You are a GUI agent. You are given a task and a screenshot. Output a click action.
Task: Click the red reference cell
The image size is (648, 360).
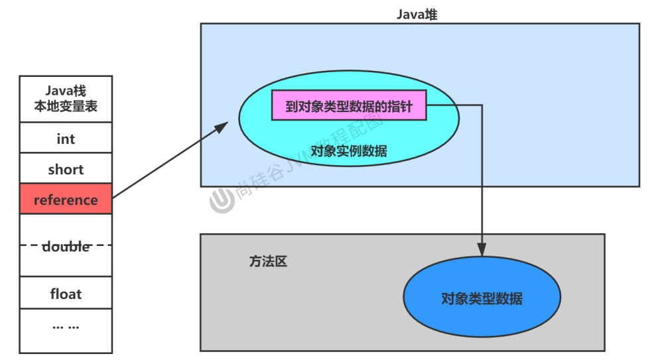pyautogui.click(x=66, y=200)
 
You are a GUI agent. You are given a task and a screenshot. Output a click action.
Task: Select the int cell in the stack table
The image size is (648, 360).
pyautogui.click(x=66, y=139)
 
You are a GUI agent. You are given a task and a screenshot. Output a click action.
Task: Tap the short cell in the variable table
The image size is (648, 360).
pyautogui.click(x=66, y=170)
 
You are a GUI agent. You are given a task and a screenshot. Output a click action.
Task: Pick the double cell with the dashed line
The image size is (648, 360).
pyautogui.click(x=66, y=246)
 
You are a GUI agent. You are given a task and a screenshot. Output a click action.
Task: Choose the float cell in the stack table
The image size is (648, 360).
pyautogui.click(x=66, y=293)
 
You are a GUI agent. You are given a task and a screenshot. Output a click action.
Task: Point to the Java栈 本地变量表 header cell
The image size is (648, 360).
pyautogui.click(x=66, y=99)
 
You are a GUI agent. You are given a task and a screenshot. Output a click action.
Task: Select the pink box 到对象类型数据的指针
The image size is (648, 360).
pyautogui.click(x=349, y=106)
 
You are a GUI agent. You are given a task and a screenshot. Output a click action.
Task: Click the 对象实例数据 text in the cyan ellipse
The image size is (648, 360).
pyautogui.click(x=349, y=151)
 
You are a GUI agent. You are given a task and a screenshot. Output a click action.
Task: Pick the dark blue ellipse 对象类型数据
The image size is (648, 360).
pyautogui.click(x=482, y=298)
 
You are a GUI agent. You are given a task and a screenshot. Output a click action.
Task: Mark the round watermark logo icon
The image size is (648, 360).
pyautogui.click(x=222, y=200)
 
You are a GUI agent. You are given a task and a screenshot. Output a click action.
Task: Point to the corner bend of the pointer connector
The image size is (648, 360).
pyautogui.click(x=482, y=105)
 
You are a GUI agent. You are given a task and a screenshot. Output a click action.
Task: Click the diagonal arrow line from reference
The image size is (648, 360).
pyautogui.click(x=166, y=163)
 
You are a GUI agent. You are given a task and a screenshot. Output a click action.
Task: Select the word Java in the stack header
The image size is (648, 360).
pyautogui.click(x=58, y=91)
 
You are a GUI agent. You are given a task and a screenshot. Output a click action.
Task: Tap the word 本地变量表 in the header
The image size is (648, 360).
pyautogui.click(x=66, y=106)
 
